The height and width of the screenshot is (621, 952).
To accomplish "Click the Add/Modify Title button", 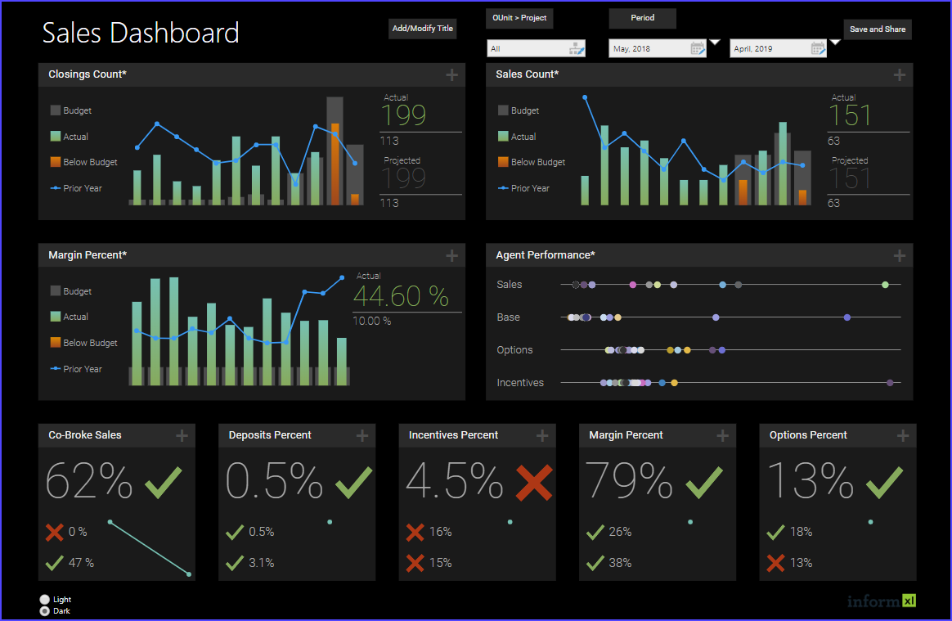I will pos(422,29).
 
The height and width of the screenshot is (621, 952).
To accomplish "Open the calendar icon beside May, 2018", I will pos(697,49).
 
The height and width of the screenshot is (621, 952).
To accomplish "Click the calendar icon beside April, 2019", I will pos(818,49).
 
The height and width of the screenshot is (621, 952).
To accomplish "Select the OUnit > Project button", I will pos(519,18).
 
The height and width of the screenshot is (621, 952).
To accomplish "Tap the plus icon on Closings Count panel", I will pos(451,75).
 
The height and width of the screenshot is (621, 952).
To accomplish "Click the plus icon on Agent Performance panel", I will pos(900,256).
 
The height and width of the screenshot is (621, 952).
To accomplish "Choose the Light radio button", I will pos(44,600).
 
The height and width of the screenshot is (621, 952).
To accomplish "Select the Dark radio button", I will pos(44,611).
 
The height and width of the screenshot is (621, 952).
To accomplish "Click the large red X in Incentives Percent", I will pos(534,483).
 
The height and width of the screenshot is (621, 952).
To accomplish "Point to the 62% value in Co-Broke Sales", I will pos(89,481).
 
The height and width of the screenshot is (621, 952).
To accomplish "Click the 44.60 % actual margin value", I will pos(401,296).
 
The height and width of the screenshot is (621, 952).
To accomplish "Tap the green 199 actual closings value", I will pos(404,115).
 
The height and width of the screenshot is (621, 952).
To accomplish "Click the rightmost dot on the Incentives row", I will pos(890,382).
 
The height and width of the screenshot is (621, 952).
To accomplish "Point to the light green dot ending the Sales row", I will pos(885,285).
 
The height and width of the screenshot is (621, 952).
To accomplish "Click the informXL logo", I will pos(882,601).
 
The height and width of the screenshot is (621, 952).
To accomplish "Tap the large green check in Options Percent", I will pos(884,483).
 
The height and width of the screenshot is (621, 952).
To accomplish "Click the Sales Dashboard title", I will pos(141,33).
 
